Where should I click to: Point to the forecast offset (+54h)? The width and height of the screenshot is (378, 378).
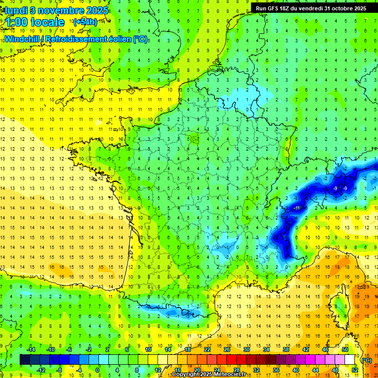coord(85,22)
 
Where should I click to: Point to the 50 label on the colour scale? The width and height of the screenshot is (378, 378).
coord(345,349)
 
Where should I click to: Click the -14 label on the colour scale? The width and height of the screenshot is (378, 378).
coord(31,349)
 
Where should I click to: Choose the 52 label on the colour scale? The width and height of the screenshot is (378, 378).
coord(355,370)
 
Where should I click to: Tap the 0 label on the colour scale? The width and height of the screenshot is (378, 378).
coord(97,370)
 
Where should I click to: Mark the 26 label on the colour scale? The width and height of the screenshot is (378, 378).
coord(227,349)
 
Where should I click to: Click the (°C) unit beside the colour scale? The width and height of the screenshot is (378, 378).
coord(366,360)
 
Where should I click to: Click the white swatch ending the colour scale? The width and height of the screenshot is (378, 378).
coord(350,360)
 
